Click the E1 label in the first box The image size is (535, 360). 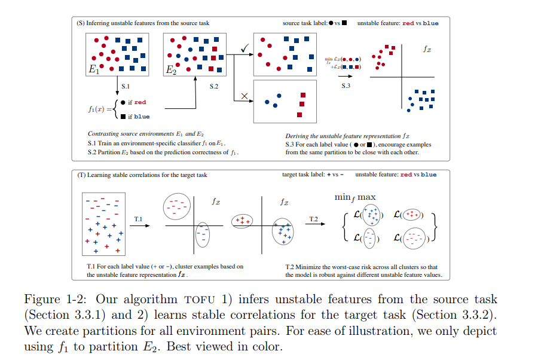coord(93,69)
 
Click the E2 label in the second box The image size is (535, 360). coord(172,69)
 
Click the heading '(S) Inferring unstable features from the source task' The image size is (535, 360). coord(143,23)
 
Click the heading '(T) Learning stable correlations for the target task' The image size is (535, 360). coord(143,175)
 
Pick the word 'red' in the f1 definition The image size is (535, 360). coord(140,103)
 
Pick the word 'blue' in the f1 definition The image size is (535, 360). coord(142,117)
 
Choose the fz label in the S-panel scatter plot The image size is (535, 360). coord(427,49)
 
